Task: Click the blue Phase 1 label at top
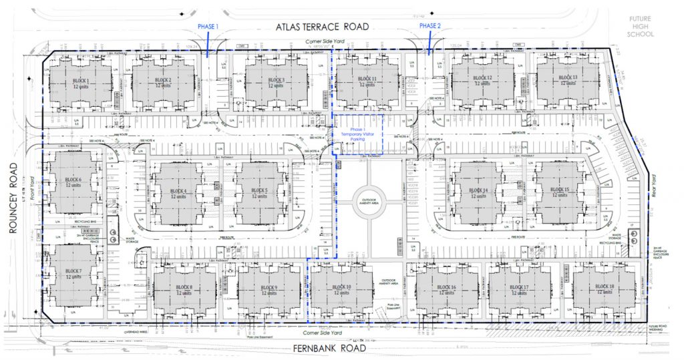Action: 208,25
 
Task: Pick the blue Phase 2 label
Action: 430,25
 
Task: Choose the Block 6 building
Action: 73,183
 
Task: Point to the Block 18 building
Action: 604,289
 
